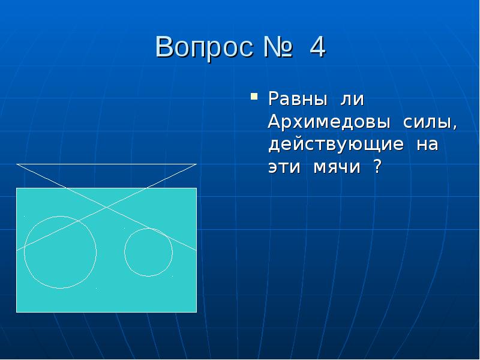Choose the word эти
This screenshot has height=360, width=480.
[x=284, y=168]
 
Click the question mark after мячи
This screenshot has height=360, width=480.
[x=377, y=168]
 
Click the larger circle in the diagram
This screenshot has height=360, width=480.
[x=60, y=252]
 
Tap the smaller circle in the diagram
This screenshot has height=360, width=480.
[x=148, y=252]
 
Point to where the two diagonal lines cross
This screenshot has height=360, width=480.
[x=107, y=208]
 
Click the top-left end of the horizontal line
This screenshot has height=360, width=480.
[x=17, y=164]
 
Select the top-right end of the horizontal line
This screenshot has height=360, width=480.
[x=196, y=164]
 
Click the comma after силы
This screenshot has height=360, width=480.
[x=454, y=127]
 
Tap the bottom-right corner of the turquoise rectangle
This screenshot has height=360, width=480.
[x=196, y=312]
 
